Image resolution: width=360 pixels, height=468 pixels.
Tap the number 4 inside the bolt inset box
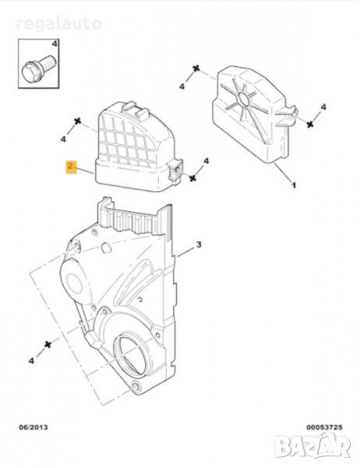[55, 44]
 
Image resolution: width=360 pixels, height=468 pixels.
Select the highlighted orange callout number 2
[71, 167]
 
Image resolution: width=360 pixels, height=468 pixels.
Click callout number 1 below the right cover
[294, 186]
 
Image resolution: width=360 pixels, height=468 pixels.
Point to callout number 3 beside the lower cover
[199, 245]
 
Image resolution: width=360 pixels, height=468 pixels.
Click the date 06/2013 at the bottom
[34, 427]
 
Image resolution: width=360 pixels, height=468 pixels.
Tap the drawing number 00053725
[324, 427]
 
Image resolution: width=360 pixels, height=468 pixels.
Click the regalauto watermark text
[58, 24]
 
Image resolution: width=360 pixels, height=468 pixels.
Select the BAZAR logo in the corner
[312, 446]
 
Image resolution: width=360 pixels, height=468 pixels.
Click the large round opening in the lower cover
[131, 353]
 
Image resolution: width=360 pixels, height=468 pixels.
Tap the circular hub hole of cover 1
[244, 98]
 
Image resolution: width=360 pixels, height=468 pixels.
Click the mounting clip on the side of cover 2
[176, 170]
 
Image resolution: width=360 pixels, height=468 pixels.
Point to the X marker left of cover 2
[78, 121]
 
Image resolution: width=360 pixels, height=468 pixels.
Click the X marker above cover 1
[196, 69]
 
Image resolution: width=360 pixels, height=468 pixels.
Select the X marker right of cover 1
[310, 124]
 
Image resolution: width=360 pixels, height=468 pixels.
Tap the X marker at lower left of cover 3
[48, 345]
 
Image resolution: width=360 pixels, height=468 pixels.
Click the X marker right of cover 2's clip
[193, 178]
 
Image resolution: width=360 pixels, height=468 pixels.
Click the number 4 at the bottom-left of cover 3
[31, 361]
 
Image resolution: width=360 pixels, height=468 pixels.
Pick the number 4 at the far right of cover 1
[323, 107]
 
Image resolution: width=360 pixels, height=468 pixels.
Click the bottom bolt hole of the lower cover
[136, 387]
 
